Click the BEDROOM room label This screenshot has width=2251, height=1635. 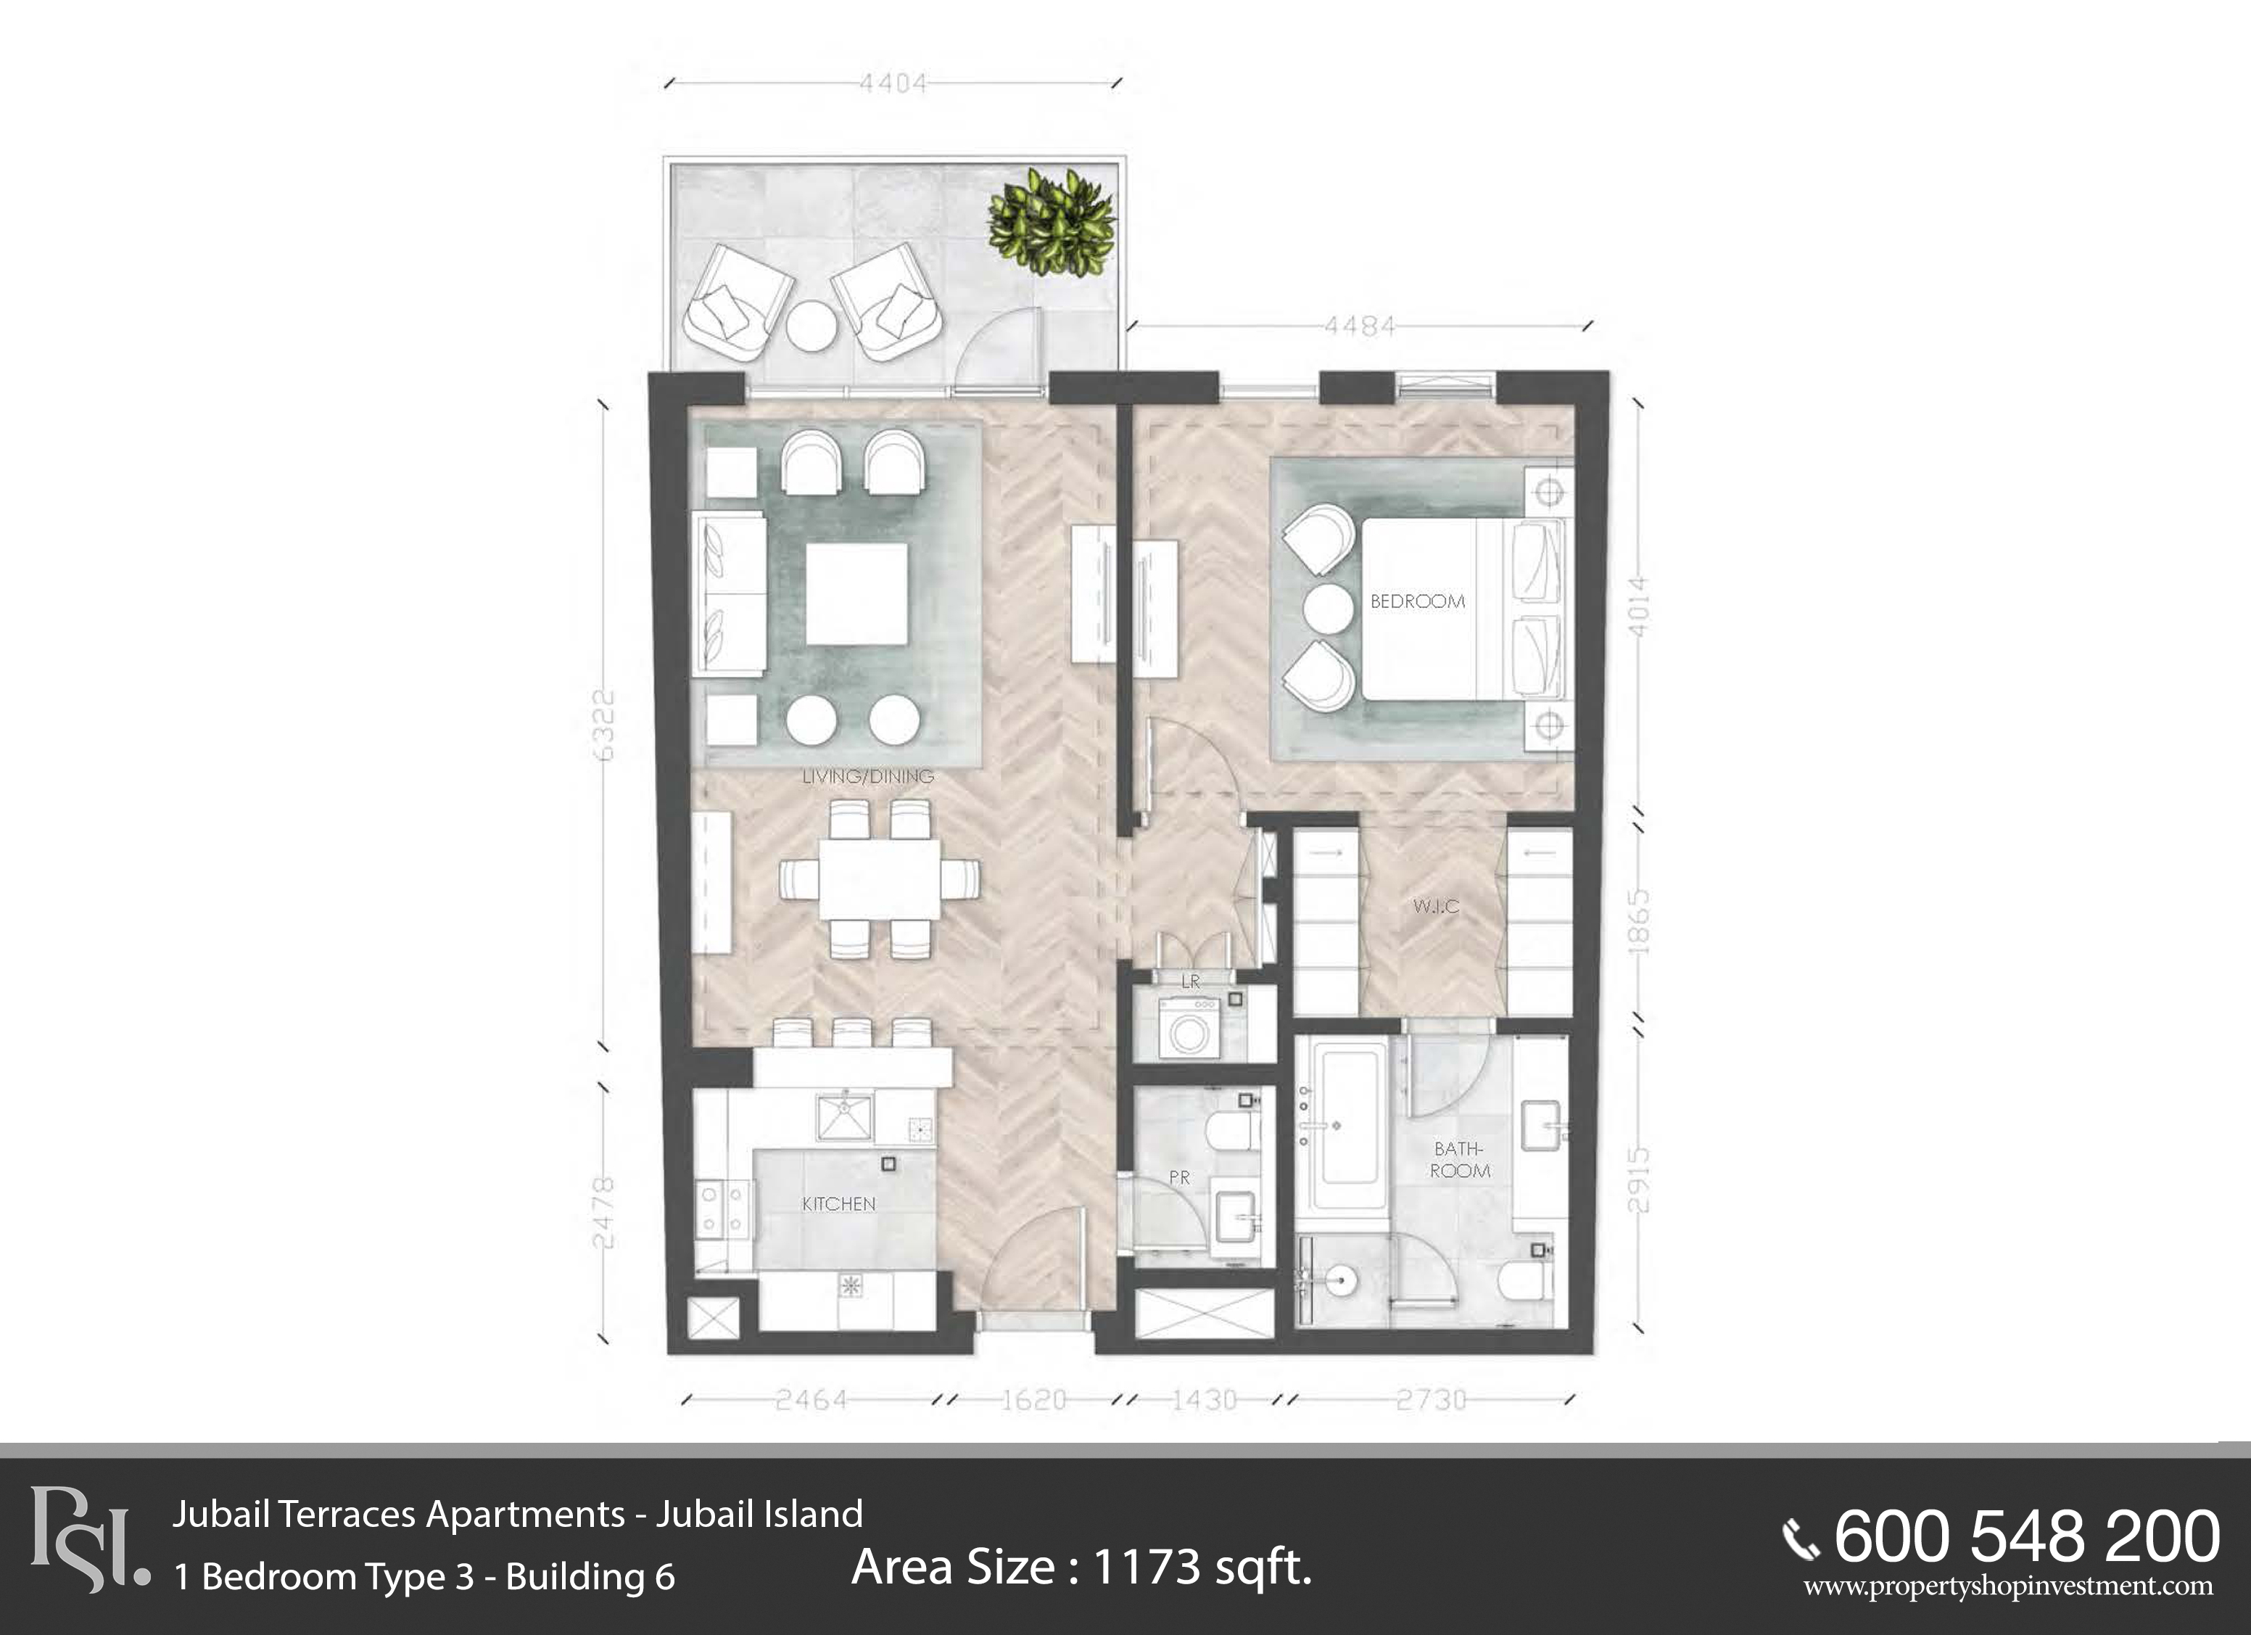(x=1417, y=601)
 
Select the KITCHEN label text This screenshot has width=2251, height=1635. (x=838, y=1204)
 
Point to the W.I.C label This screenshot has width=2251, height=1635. (x=1436, y=906)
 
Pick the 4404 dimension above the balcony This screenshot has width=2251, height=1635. (x=893, y=83)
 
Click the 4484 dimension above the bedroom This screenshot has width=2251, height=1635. (x=1360, y=326)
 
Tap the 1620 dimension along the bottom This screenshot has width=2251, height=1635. (x=1033, y=1400)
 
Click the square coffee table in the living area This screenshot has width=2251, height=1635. (x=856, y=593)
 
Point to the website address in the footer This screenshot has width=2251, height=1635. (x=2009, y=1586)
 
